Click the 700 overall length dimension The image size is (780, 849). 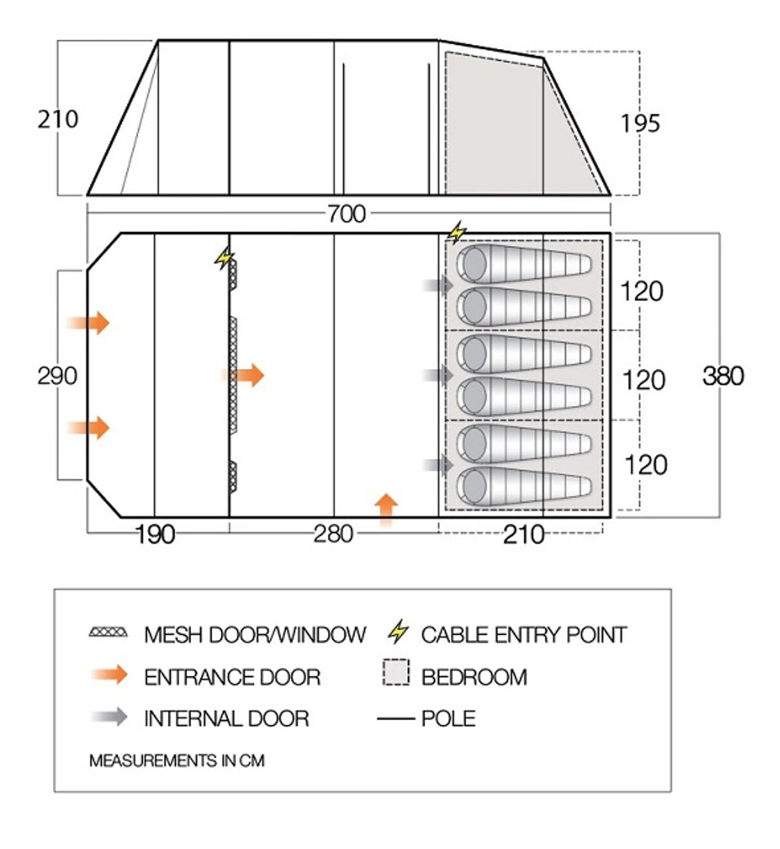point(346,214)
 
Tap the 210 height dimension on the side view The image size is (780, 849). point(58,119)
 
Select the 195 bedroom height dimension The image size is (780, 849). point(640,123)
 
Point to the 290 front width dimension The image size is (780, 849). point(57,376)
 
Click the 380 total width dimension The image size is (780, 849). point(723,376)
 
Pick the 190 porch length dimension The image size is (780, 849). point(155,534)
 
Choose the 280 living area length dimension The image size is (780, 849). point(333,534)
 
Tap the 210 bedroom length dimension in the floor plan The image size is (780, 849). point(523,534)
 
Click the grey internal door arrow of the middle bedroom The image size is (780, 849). point(439,375)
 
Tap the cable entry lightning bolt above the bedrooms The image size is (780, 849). point(456,233)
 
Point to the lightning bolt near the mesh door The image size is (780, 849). point(224,258)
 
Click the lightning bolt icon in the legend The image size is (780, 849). point(398,632)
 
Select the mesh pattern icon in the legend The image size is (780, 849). point(108,632)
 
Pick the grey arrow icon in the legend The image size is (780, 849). point(109,717)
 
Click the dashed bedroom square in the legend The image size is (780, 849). point(396,673)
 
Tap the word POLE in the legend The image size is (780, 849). point(448,718)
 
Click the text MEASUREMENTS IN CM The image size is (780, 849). point(176,760)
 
